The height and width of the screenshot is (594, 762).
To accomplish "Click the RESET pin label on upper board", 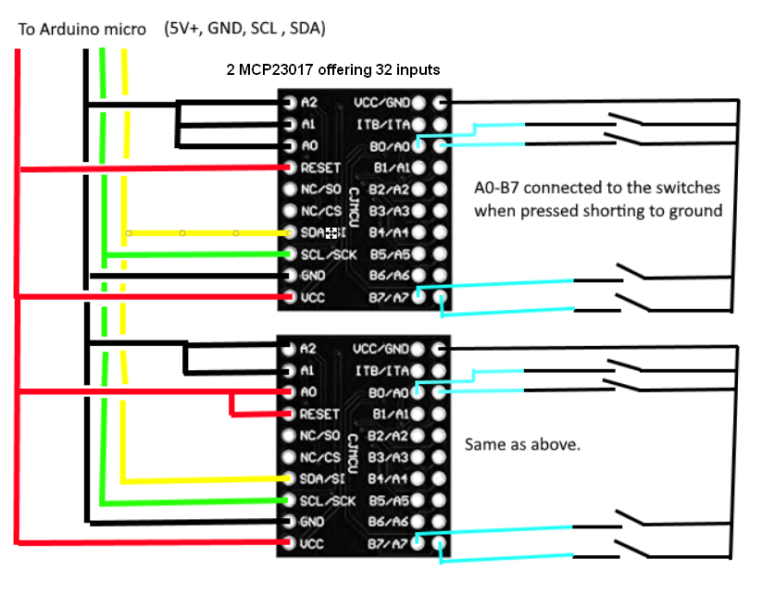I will tap(320, 167).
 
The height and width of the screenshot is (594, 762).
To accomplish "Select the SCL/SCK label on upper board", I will tap(328, 254).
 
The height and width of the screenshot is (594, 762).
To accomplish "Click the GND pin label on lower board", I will tap(312, 522).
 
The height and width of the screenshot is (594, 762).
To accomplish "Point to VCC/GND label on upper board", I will tap(381, 102).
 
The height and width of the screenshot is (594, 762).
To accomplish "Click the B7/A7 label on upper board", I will tap(388, 297).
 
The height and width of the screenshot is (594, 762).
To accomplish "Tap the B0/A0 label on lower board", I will tap(389, 392).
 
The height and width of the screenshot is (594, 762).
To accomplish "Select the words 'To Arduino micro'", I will tap(81, 30).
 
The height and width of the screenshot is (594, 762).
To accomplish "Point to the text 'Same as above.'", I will tap(522, 445).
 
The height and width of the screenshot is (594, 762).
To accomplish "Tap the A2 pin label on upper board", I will tap(309, 102).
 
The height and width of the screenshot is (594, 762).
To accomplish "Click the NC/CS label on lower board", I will tap(320, 457).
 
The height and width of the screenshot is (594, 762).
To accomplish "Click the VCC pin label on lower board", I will tap(312, 544).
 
